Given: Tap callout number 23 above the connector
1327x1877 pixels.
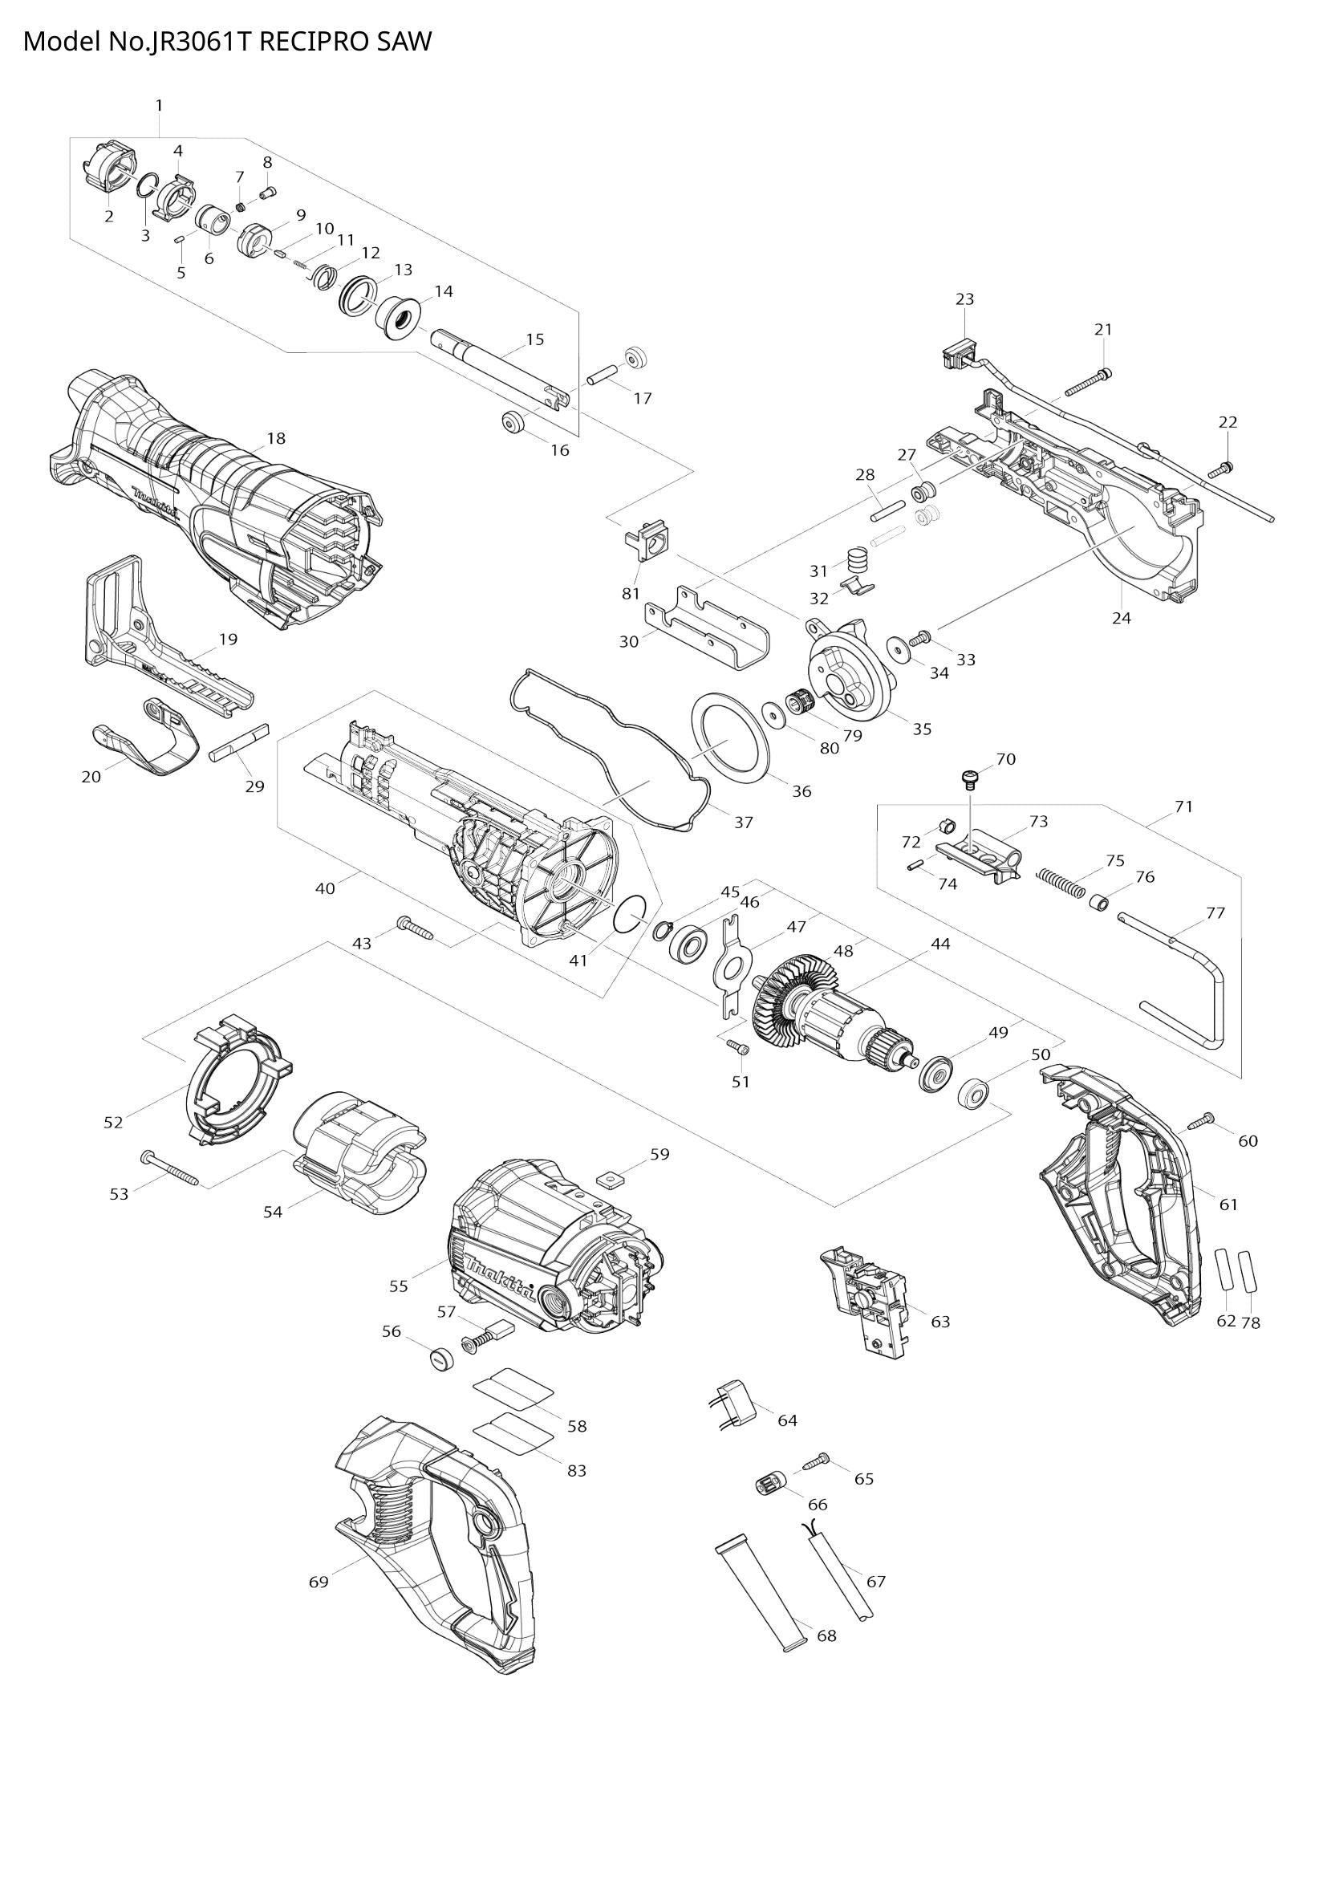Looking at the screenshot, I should [x=964, y=299].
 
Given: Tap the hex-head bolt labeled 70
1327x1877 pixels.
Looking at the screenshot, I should [x=970, y=777].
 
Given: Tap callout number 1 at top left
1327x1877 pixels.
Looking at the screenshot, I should [x=159, y=105].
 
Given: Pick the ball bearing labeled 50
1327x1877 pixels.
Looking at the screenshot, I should [x=973, y=1094].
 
